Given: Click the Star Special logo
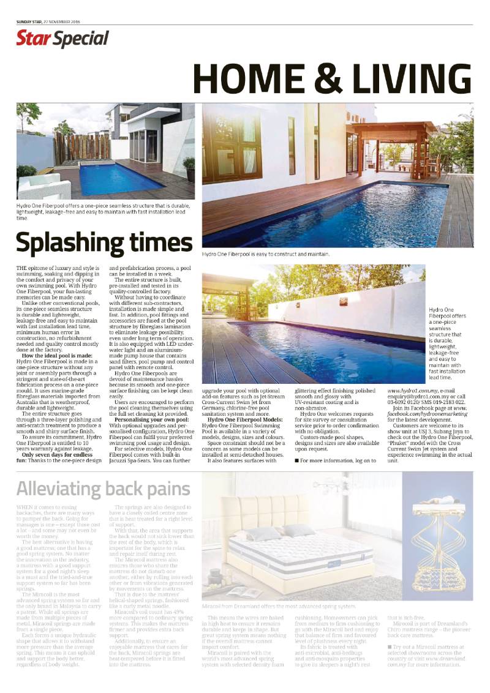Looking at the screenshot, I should [x=62, y=39].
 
